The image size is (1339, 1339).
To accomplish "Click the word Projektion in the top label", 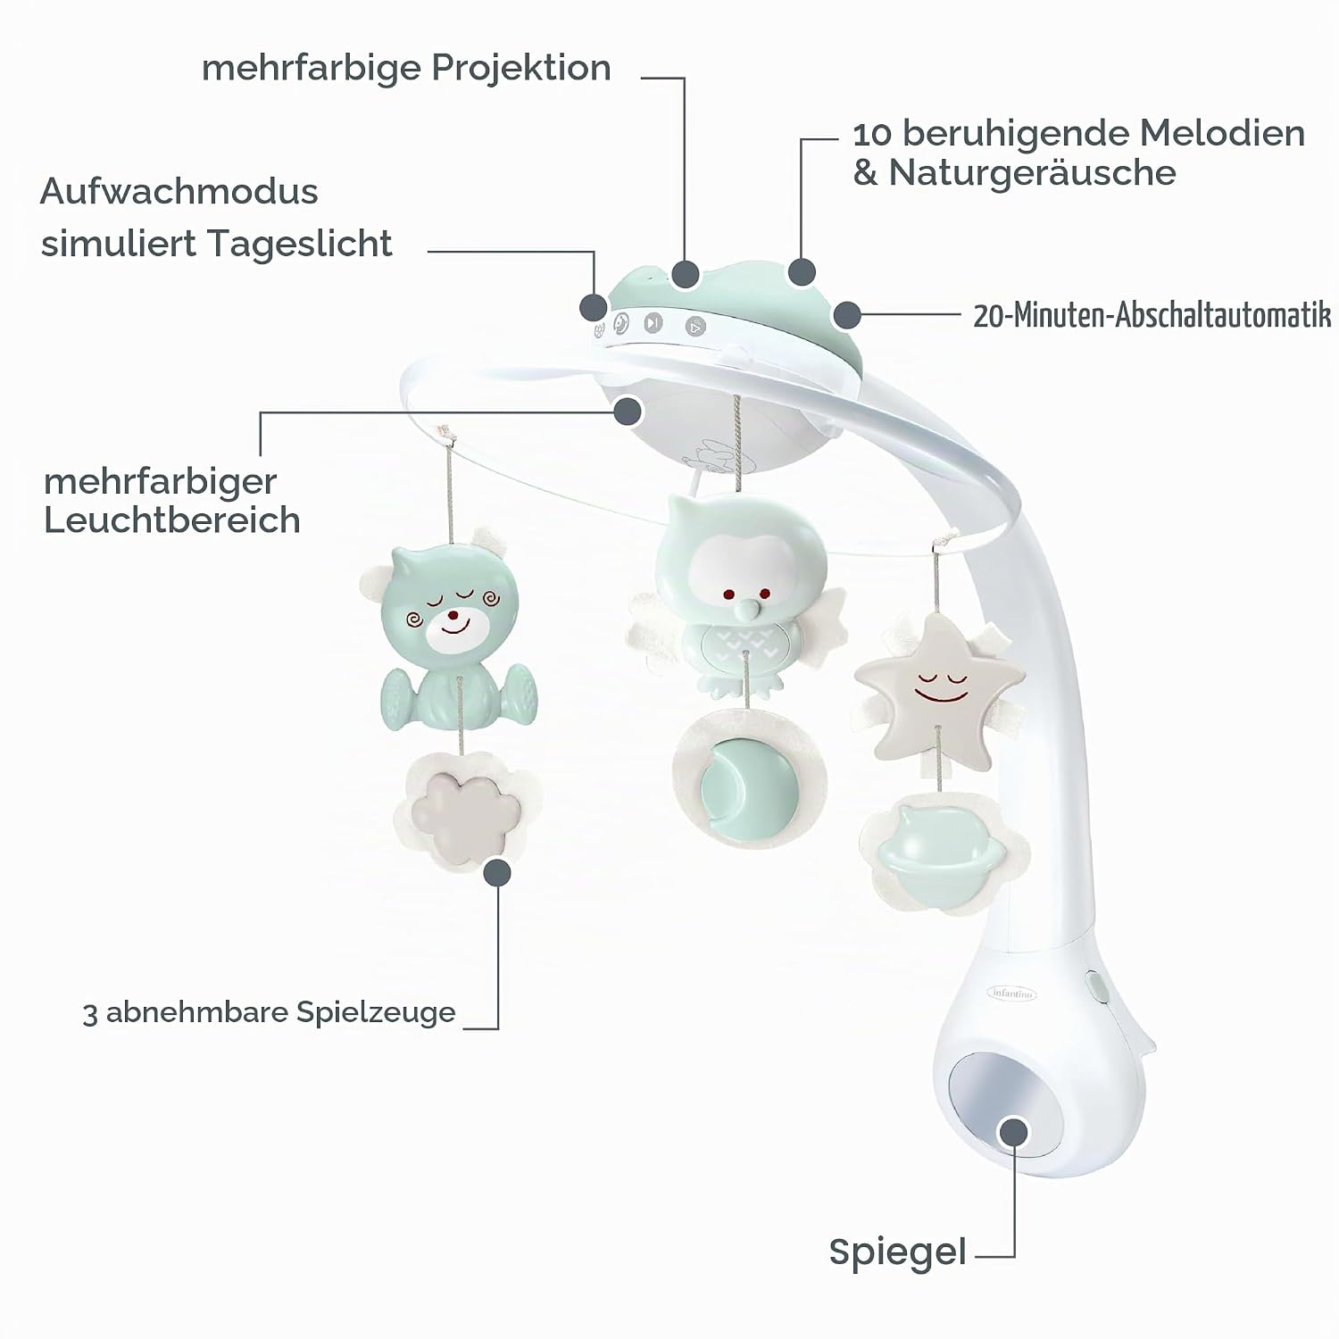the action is coord(521,69).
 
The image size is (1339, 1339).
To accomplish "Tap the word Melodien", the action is coord(1222,134).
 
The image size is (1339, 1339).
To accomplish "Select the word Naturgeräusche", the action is coord(1032,173).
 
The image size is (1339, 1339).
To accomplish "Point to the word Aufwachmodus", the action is coord(179,191).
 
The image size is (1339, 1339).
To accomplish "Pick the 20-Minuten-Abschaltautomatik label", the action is coord(1152,315).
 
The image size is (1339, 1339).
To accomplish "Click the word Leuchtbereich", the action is coord(172,520).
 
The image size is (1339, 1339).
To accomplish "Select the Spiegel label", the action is coord(897,1252).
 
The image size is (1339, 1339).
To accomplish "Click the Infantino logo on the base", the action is coord(1012,993).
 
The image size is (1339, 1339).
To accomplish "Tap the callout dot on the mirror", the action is coord(1013,1131).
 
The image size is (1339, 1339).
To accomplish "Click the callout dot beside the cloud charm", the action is coord(497,872).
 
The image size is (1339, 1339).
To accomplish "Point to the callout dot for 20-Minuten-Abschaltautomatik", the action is coord(846,315).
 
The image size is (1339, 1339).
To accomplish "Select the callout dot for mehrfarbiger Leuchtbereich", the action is coord(628,411).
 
